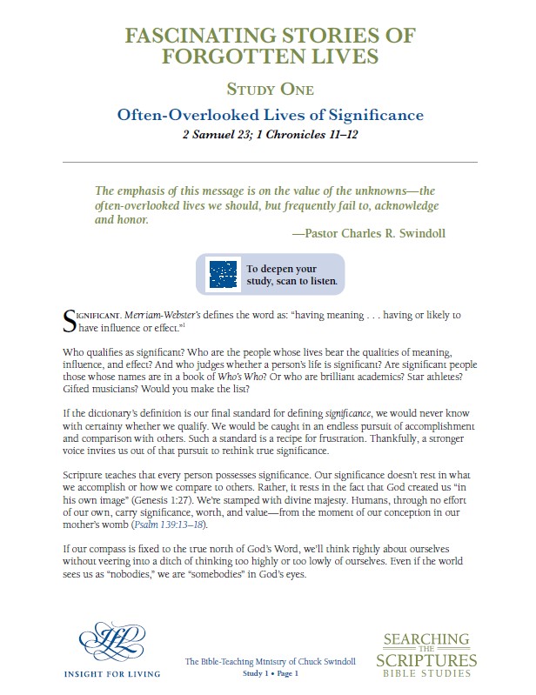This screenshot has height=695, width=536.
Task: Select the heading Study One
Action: [269, 89]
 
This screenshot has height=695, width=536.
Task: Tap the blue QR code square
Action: [223, 275]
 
